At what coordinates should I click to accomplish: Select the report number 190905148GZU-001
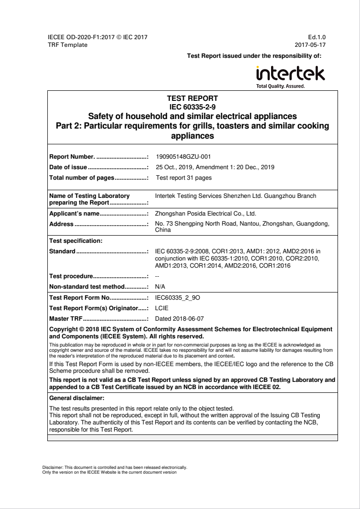(184, 157)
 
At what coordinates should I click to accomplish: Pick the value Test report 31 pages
(183, 178)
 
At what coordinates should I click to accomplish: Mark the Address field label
(62, 224)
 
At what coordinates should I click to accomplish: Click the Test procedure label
(71, 277)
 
